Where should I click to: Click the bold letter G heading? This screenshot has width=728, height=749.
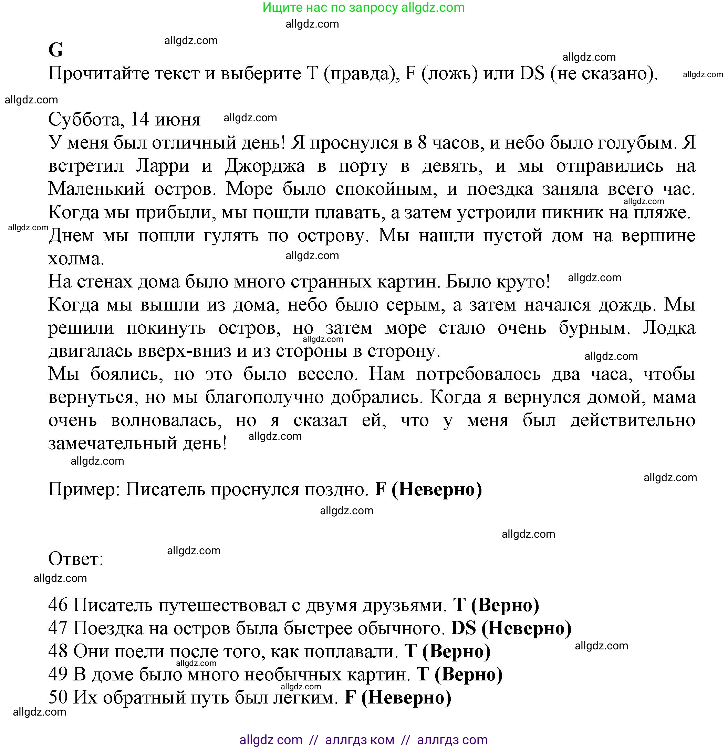(56, 50)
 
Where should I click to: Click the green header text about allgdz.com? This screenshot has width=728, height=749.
(363, 8)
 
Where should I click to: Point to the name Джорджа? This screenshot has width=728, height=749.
(265, 166)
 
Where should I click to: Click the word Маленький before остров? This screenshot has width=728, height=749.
(96, 189)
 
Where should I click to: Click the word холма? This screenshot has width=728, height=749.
(76, 259)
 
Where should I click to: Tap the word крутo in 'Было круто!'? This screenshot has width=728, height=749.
(523, 282)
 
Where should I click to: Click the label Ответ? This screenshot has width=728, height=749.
(76, 559)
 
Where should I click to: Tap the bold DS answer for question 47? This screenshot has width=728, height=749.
(464, 628)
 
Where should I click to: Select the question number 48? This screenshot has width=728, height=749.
(58, 652)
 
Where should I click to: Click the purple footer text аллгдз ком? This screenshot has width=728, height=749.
(360, 740)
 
